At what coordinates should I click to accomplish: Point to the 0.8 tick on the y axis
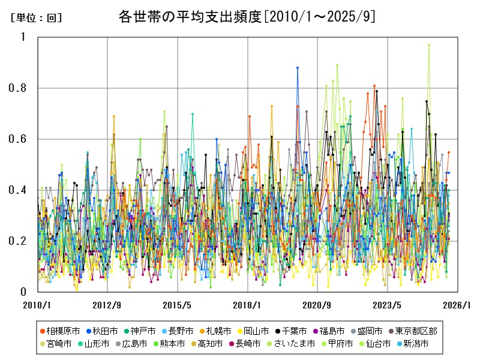[x=19, y=88]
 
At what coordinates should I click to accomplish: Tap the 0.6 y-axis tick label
[x=19, y=139]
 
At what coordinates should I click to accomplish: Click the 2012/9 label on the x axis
[x=107, y=305]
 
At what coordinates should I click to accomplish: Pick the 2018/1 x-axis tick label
[x=247, y=305]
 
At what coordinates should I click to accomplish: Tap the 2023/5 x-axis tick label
[x=388, y=305]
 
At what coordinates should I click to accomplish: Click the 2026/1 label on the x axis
[x=457, y=305]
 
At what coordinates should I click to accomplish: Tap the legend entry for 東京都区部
[x=429, y=331]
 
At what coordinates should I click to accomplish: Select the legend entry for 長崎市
[x=244, y=344]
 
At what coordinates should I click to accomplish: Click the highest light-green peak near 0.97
[x=428, y=44]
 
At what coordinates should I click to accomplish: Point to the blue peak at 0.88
[x=297, y=68]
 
